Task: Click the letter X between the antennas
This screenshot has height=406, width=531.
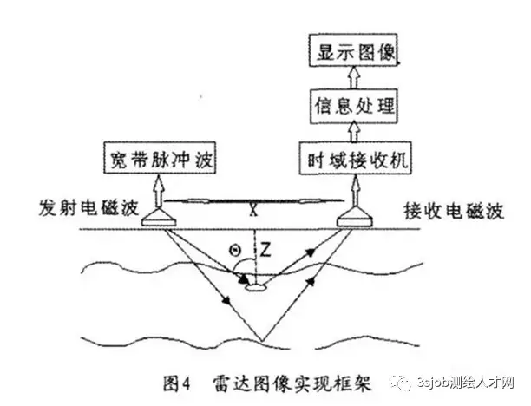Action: (x=252, y=209)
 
